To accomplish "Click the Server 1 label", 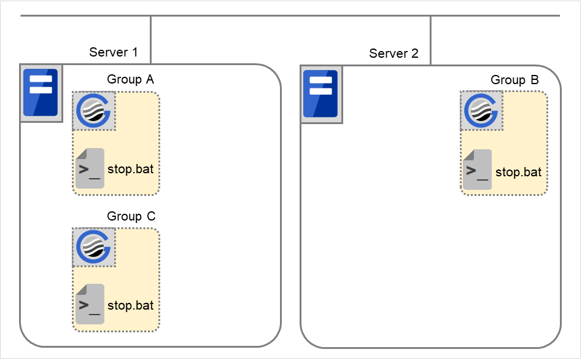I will [114, 52].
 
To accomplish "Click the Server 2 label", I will [394, 53].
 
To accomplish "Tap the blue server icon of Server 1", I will [41, 93].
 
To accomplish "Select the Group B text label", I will [514, 80].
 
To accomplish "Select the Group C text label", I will [131, 216].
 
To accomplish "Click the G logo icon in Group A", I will [94, 111].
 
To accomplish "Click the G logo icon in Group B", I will [482, 111].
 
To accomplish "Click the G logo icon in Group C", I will [94, 248].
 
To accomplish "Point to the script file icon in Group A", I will [90, 168].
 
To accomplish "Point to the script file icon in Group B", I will [478, 169].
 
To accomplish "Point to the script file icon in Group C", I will [90, 304].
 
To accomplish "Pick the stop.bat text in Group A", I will [131, 168].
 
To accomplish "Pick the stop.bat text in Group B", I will [518, 172].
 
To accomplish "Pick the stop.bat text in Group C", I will [131, 305].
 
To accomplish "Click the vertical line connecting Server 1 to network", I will [150, 39].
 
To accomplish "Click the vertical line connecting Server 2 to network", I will [430, 40].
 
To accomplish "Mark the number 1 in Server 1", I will [134, 52].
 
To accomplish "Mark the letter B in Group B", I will [534, 80].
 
